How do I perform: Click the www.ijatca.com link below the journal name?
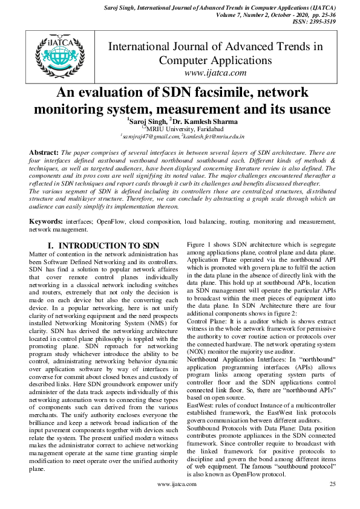215,73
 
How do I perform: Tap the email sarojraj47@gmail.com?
149,138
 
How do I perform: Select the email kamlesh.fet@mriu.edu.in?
212,138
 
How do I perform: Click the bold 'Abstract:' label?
44,153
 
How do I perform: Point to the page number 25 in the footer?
332,501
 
